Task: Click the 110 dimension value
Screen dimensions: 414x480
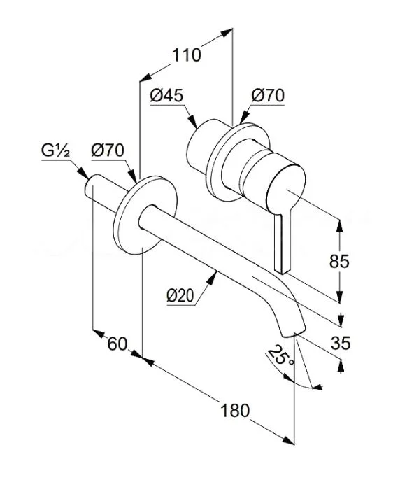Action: pos(186,55)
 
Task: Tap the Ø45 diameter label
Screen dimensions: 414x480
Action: pos(166,95)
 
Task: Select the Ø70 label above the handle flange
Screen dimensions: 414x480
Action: pos(268,95)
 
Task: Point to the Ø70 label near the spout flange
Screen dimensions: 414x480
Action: pos(108,150)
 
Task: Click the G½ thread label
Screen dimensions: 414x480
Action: pos(56,150)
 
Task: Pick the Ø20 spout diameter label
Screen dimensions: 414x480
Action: pos(180,296)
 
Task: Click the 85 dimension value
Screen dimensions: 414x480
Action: pos(339,262)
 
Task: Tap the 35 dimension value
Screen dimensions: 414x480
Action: pos(341,343)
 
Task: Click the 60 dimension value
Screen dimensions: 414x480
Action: pos(117,344)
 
